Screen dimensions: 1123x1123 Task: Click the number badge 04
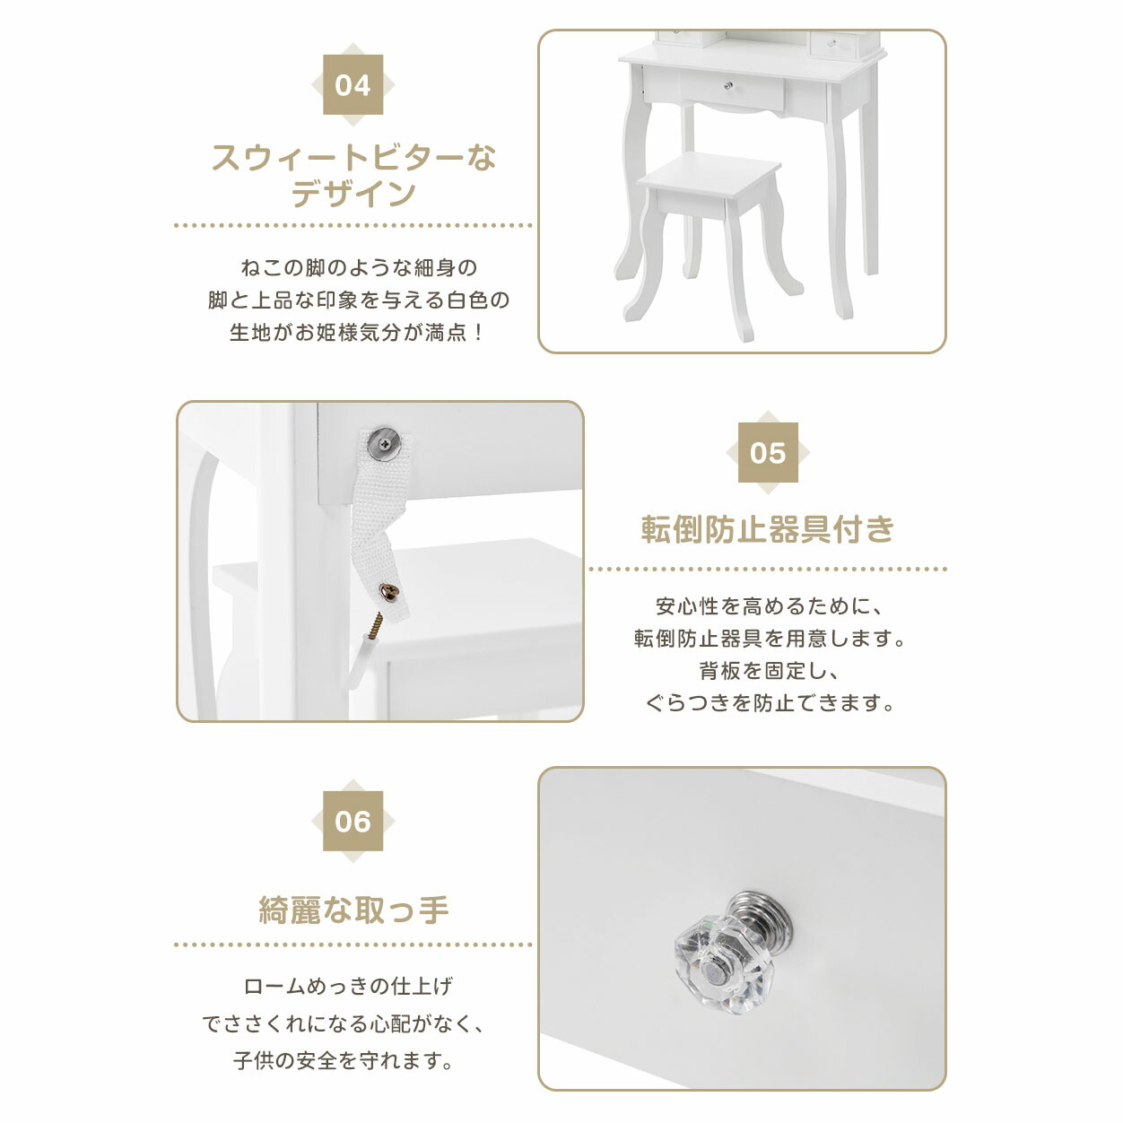click(x=353, y=84)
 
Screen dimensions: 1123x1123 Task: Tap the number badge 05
click(x=768, y=452)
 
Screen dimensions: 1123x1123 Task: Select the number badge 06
click(x=353, y=821)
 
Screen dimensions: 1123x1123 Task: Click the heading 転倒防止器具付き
click(x=768, y=529)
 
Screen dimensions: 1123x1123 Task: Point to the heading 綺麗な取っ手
click(x=353, y=910)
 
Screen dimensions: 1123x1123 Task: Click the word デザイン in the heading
click(x=353, y=194)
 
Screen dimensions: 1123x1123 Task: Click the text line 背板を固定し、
click(x=768, y=671)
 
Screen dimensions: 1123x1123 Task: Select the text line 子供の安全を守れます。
click(x=344, y=1060)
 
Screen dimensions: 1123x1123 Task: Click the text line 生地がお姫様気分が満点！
click(x=357, y=333)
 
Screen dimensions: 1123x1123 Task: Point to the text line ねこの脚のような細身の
click(x=359, y=268)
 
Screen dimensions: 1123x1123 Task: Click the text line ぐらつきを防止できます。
click(x=769, y=703)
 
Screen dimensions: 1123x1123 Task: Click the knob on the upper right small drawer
click(x=832, y=42)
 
